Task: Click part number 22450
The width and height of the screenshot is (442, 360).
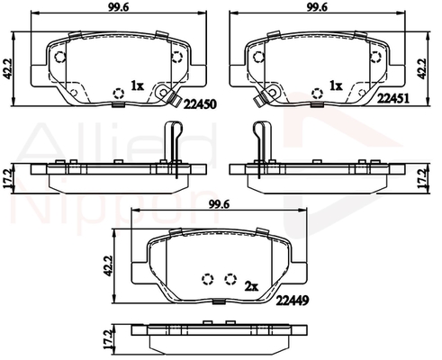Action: click(200, 104)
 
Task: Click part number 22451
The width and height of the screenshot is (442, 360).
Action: click(392, 98)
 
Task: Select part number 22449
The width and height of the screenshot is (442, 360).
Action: click(293, 300)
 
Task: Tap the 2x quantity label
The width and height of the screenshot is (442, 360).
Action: click(251, 287)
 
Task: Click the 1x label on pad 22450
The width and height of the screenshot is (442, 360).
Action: click(137, 86)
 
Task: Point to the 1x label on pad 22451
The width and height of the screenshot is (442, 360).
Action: click(336, 86)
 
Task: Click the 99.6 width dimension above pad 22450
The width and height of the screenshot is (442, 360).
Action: click(119, 8)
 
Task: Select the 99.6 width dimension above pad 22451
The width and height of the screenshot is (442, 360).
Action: click(317, 8)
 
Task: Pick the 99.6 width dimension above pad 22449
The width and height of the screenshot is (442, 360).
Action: click(219, 205)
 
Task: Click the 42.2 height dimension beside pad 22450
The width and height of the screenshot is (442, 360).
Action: click(7, 68)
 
